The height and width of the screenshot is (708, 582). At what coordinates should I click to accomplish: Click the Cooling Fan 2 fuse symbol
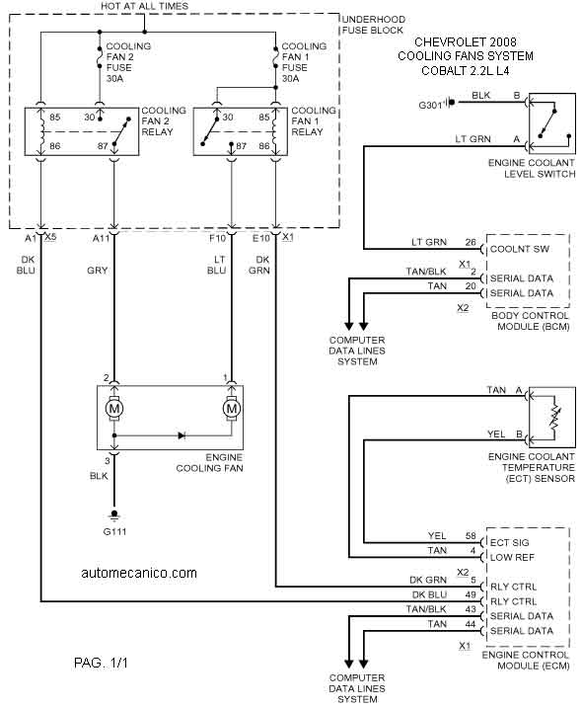click(x=100, y=56)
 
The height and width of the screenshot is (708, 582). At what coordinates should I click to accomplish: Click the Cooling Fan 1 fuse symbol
click(x=275, y=56)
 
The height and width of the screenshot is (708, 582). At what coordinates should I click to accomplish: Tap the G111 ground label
click(x=114, y=531)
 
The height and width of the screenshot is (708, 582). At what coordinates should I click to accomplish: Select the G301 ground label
click(x=430, y=106)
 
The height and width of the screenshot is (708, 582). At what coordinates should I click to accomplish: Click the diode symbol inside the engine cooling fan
click(x=182, y=435)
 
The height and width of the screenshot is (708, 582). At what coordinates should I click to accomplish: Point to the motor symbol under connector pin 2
click(x=114, y=409)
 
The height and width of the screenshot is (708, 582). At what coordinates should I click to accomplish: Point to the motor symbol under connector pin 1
click(x=232, y=409)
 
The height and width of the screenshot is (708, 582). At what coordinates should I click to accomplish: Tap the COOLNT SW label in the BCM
click(x=520, y=249)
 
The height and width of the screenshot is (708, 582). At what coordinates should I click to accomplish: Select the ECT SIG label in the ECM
click(x=509, y=542)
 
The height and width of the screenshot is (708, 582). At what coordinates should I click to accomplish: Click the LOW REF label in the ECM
click(x=512, y=557)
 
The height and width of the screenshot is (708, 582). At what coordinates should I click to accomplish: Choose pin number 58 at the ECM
click(x=471, y=536)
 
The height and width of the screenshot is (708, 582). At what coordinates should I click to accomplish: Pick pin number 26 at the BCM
click(x=471, y=243)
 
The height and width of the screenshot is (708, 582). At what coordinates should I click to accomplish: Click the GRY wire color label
click(x=98, y=271)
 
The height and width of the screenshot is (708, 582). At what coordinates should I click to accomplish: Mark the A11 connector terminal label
click(x=101, y=238)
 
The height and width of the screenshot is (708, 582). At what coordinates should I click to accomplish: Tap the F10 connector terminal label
click(x=217, y=238)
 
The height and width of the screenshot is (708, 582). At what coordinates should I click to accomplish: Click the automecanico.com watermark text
click(x=139, y=573)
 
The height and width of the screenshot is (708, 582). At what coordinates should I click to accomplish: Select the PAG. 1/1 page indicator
click(x=101, y=663)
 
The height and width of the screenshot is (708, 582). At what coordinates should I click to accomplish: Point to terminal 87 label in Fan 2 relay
click(x=103, y=146)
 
